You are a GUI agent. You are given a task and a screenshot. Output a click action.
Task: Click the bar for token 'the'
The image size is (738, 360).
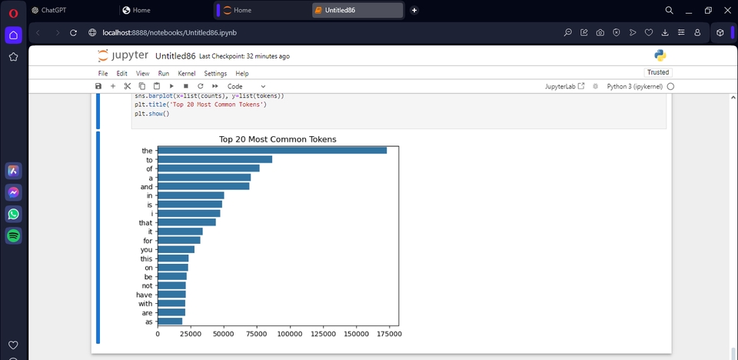(x=272, y=150)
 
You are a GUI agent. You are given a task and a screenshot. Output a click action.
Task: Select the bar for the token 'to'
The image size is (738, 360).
(x=214, y=159)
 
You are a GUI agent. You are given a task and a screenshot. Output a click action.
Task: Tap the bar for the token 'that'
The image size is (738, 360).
(x=187, y=222)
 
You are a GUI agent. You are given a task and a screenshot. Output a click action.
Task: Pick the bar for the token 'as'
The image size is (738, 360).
(x=170, y=322)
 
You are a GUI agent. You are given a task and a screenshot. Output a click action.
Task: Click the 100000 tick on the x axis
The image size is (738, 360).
(x=291, y=334)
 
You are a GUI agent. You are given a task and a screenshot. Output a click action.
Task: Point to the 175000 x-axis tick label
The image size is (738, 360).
(x=389, y=334)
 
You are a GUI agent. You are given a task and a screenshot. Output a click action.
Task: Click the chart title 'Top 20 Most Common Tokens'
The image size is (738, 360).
(x=278, y=139)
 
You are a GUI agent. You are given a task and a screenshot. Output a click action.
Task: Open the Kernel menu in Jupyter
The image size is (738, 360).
(x=187, y=73)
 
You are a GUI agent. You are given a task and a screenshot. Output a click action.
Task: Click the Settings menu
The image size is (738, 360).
(x=215, y=73)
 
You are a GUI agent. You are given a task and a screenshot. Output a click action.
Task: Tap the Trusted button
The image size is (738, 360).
(x=657, y=72)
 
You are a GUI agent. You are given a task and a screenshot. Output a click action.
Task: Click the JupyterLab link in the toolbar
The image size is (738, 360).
(x=565, y=86)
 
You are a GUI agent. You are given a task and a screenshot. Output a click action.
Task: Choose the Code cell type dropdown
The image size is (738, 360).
(x=246, y=86)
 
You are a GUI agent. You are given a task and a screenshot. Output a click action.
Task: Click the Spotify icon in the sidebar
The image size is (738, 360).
(x=13, y=235)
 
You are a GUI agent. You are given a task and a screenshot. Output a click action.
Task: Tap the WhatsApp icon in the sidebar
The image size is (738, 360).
(x=13, y=214)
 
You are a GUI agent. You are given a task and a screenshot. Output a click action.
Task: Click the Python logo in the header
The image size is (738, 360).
(x=660, y=55)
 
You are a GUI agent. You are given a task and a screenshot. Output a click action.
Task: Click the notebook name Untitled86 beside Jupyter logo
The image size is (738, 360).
(x=175, y=56)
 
